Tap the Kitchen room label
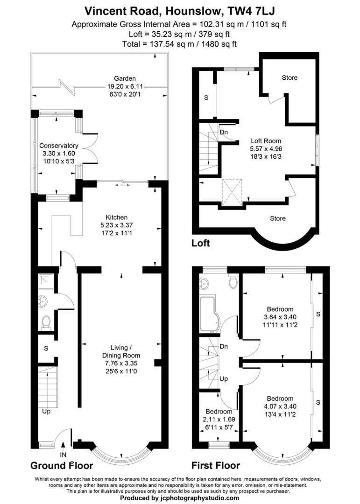click(116, 217)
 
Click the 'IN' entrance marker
click(64, 454)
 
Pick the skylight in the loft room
click(232, 191)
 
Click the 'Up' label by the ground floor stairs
click(46, 412)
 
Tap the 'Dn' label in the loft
click(224, 132)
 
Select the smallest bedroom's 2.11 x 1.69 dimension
click(219, 420)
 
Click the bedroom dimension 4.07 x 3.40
click(280, 406)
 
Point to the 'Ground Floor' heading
click(62, 466)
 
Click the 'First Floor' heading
click(216, 466)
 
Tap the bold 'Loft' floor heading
click(201, 243)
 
